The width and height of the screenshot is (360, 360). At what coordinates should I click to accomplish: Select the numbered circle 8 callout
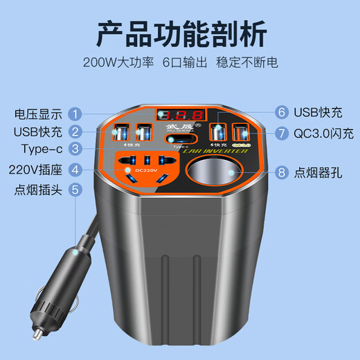282,172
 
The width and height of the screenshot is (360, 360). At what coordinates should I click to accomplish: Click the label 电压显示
39,113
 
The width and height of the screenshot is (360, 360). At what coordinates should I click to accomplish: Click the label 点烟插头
39,188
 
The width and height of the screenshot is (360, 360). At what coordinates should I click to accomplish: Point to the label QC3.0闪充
323,132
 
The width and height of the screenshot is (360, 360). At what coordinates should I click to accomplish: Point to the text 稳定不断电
253,62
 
